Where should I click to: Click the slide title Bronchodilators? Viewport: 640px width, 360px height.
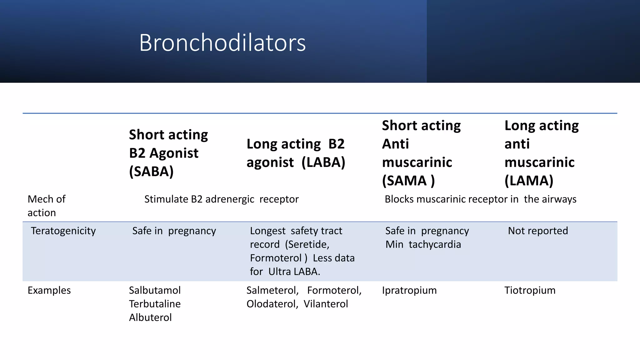[222, 42]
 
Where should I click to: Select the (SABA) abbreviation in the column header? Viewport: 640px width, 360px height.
[151, 171]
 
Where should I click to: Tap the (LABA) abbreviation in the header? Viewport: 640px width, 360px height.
[323, 162]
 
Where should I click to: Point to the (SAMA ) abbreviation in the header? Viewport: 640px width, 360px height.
[408, 181]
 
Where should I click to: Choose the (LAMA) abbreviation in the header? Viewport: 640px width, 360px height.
[529, 181]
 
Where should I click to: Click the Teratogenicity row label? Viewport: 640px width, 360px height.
[63, 231]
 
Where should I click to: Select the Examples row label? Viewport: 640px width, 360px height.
[49, 290]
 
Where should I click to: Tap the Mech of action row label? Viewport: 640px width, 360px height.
[47, 206]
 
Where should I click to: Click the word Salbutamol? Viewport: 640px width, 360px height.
[155, 290]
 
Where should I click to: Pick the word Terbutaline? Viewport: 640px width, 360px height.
[155, 304]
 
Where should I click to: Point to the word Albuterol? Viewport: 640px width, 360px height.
[150, 317]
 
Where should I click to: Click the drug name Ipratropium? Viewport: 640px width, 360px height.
[409, 290]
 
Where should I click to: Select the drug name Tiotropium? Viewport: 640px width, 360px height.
[530, 290]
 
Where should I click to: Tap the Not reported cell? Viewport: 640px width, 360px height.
[538, 231]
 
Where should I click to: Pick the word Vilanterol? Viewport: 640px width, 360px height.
[326, 304]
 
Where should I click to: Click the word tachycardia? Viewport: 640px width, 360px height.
[435, 244]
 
